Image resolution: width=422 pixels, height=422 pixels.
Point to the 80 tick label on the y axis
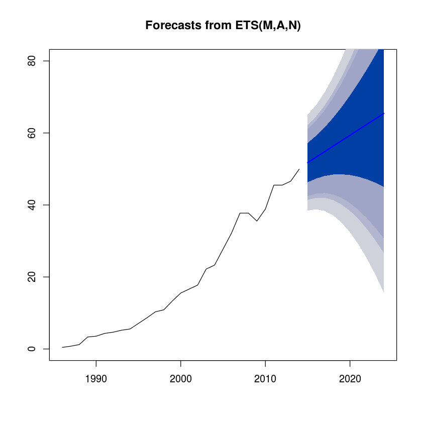[32, 61]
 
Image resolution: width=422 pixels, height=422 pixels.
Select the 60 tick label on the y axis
[32, 133]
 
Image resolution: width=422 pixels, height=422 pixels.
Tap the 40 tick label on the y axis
[32, 205]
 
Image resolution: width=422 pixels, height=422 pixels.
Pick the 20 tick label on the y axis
[32, 277]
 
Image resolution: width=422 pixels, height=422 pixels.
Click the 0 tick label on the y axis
[32, 349]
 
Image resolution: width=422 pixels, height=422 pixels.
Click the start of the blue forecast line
[307, 163]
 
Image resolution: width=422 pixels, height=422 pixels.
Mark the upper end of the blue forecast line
[384, 113]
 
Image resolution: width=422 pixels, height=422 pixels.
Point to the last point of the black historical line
[299, 169]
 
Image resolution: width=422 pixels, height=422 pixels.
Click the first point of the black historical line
[62, 347]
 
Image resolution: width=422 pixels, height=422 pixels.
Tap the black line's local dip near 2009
[257, 221]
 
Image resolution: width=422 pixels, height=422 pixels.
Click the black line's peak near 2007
[240, 213]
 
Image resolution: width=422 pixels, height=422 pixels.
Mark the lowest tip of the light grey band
[383, 292]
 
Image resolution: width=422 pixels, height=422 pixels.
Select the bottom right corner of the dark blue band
[383, 186]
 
